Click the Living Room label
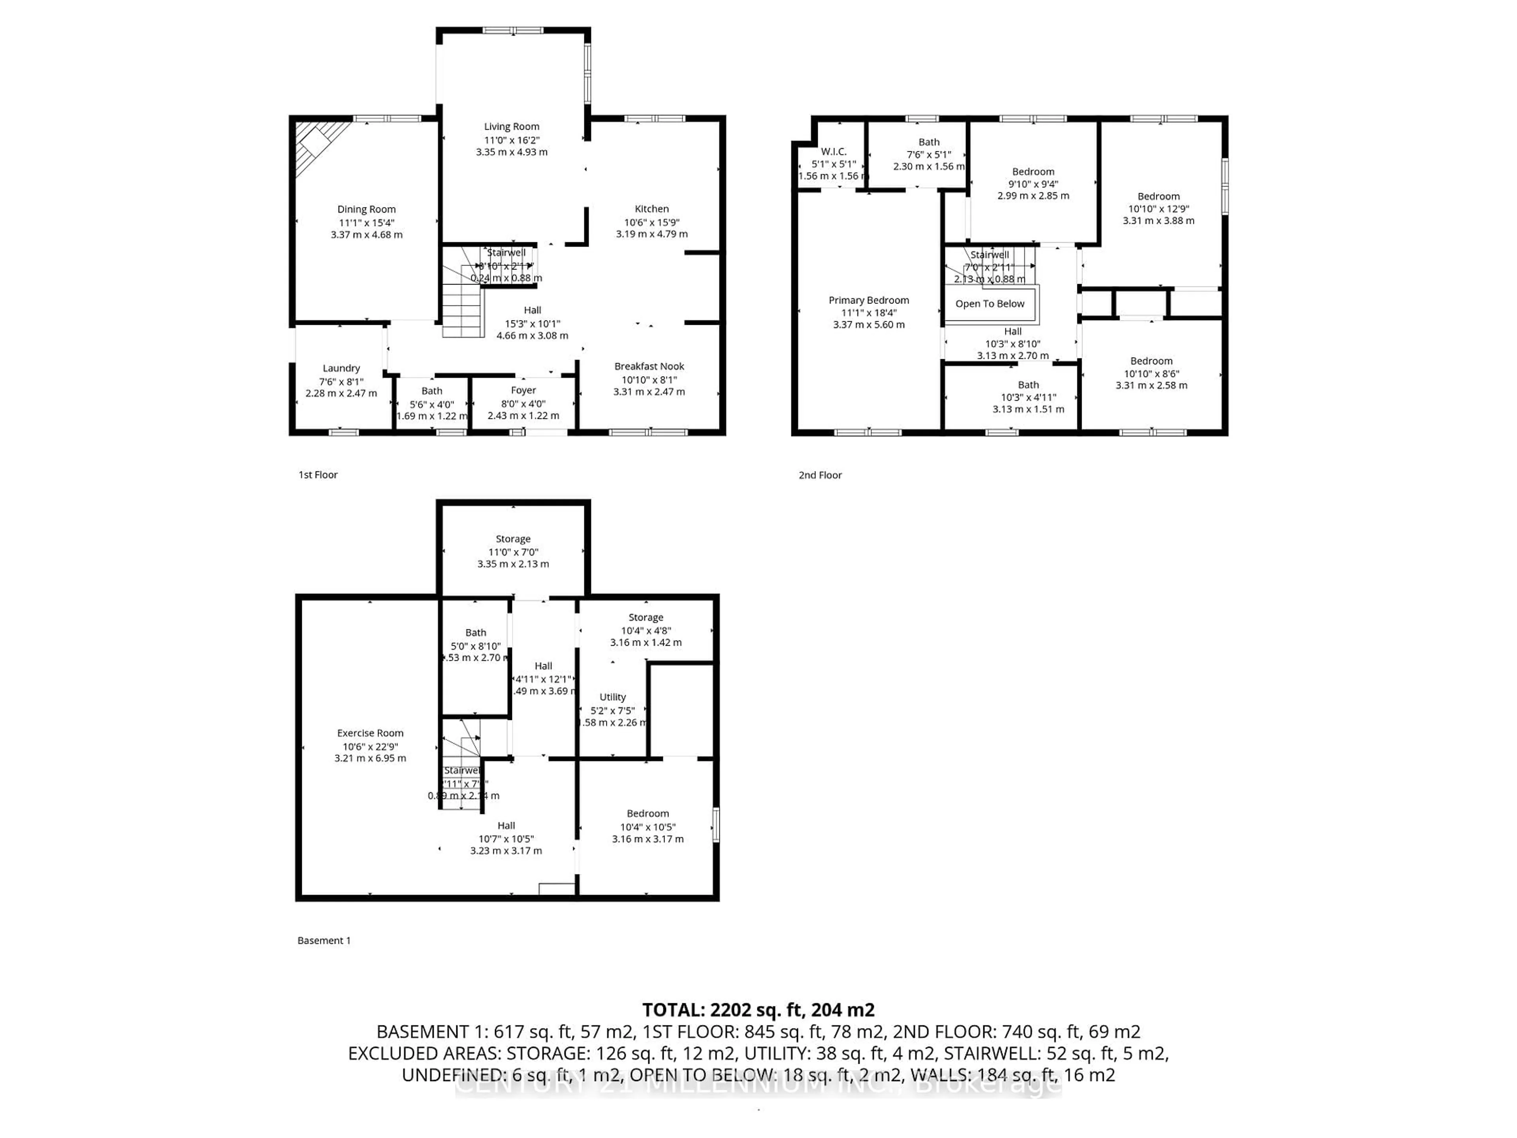[x=512, y=126]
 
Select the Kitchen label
[x=651, y=209]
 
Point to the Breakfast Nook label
[x=649, y=366]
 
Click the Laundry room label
[x=341, y=368]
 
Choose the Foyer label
[x=523, y=390]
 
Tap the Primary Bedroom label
[x=868, y=300]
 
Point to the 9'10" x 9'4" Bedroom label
[x=1033, y=171]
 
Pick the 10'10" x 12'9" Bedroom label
[x=1158, y=196]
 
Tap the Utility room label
[x=612, y=697]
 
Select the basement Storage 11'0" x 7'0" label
[x=513, y=539]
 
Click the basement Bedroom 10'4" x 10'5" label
[x=647, y=814]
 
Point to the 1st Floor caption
[x=318, y=475]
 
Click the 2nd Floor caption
[x=820, y=475]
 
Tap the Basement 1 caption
[x=324, y=940]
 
